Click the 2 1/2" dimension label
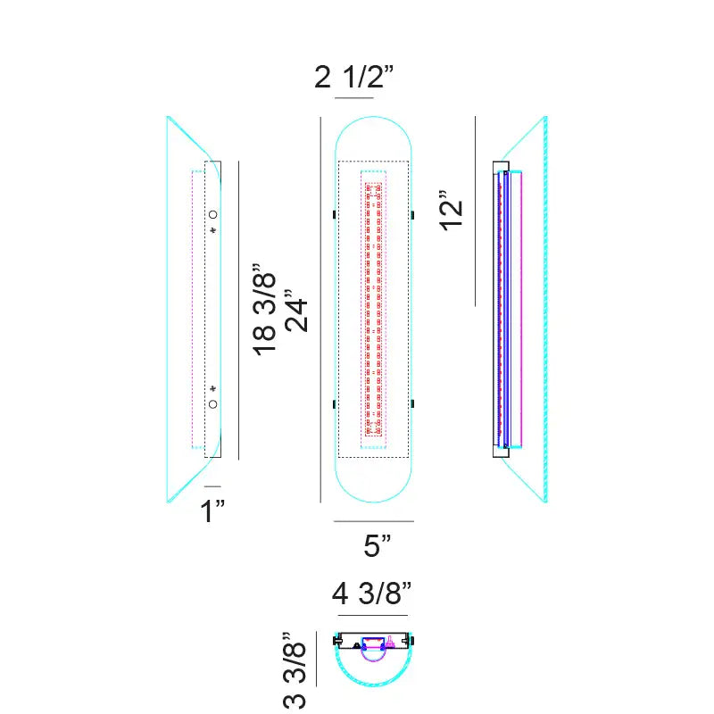point(353,77)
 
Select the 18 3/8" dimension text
point(264,309)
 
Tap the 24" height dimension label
point(296,311)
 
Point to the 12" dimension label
point(452,211)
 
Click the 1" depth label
point(212,511)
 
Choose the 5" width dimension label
point(377,545)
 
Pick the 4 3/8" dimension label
point(371,594)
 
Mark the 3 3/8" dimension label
point(295,670)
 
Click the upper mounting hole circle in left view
point(212,214)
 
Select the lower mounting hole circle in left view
point(212,404)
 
